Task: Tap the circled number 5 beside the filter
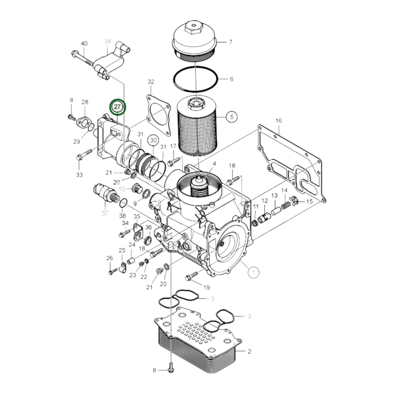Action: point(231,117)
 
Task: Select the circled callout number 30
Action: point(154,140)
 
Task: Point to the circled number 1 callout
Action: point(254,272)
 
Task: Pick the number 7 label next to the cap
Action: point(231,42)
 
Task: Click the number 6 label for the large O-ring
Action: point(231,79)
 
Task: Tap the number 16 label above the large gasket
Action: point(278,121)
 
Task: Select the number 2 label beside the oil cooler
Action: point(249,351)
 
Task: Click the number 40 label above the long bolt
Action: point(84,43)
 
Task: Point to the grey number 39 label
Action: point(108,41)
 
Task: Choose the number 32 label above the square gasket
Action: point(151,82)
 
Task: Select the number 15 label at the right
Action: point(309,201)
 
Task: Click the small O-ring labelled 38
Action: point(123,203)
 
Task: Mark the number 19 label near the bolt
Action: point(206,287)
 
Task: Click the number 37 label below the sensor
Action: point(105,213)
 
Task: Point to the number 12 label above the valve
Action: point(265,201)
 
